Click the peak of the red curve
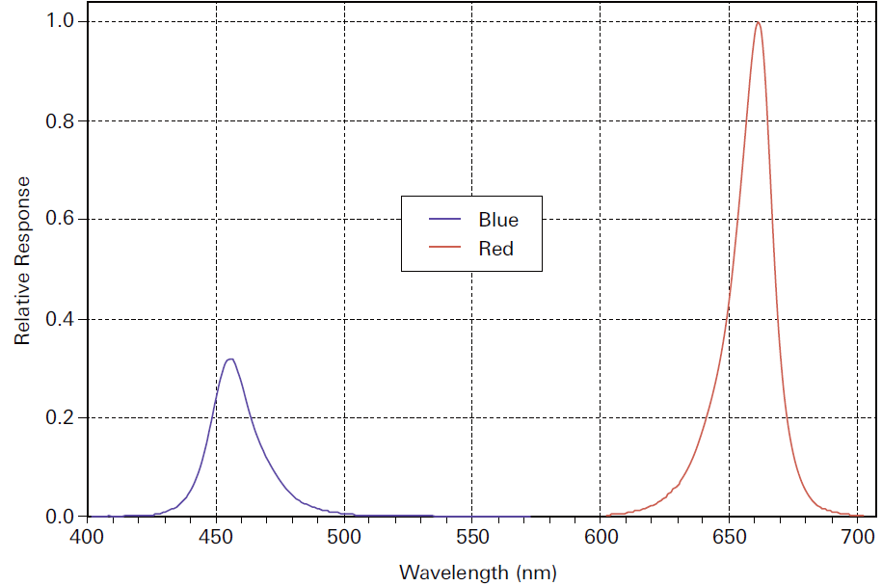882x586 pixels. tap(758, 23)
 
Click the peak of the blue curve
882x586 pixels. tap(229, 360)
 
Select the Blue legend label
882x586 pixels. tap(497, 220)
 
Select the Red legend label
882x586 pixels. tap(495, 249)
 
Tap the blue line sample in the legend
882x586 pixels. tap(444, 220)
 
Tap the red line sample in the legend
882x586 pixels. tap(444, 249)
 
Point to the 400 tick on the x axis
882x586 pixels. tap(88, 536)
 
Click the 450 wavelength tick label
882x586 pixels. tap(216, 536)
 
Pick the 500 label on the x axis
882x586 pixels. tap(344, 536)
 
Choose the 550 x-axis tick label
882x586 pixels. tap(472, 536)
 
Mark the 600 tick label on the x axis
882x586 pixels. tap(601, 536)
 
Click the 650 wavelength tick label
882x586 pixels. tap(729, 536)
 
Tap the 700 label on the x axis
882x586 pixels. tap(856, 536)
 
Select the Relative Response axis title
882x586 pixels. tap(22, 260)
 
